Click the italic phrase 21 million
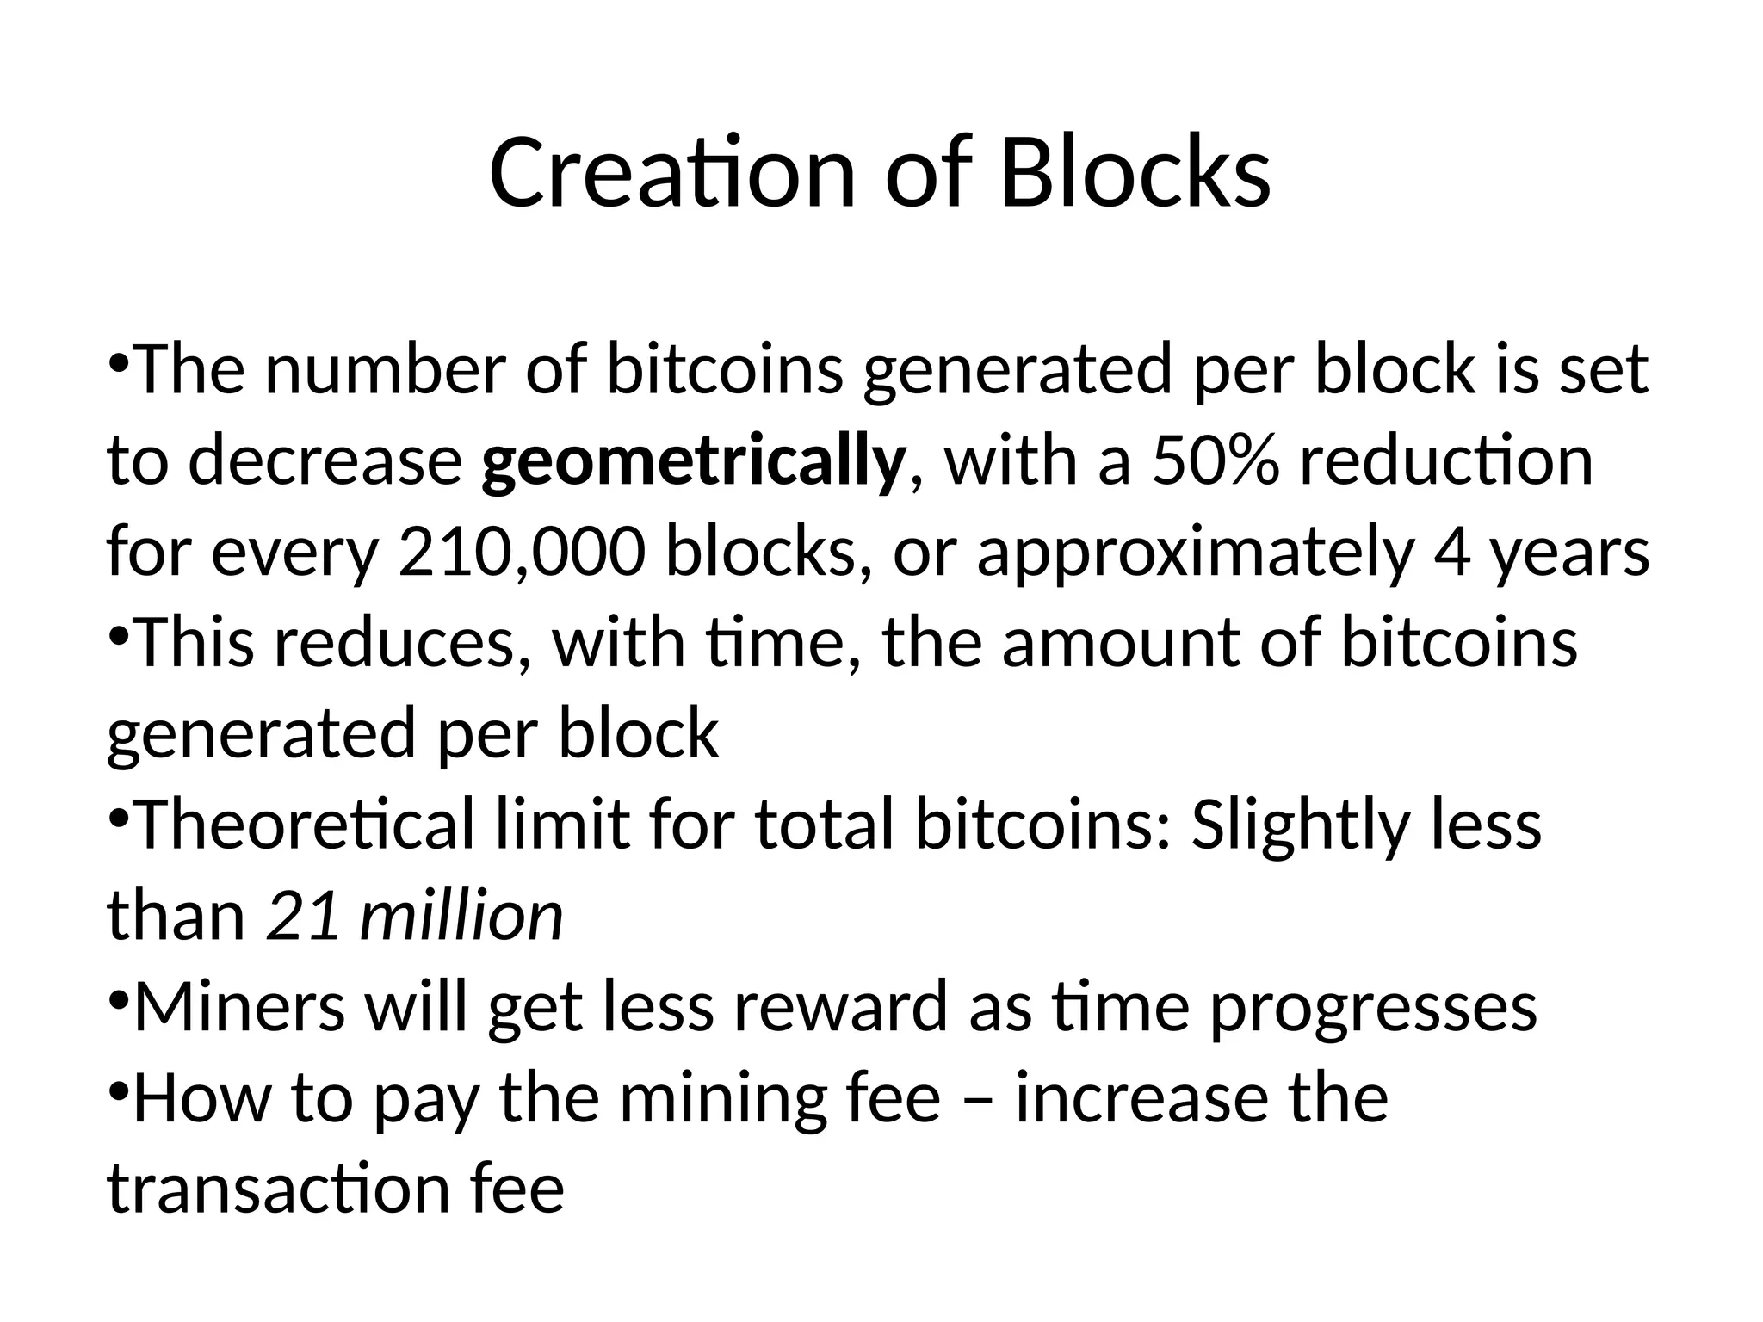pos(415,915)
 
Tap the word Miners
pos(239,1006)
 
